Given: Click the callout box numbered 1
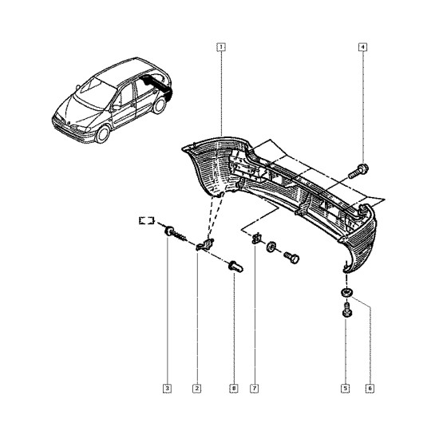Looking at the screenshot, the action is point(221,47).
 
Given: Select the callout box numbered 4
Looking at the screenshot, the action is point(362,47).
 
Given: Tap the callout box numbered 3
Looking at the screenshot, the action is point(167,389).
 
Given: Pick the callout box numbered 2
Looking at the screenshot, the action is point(197,389).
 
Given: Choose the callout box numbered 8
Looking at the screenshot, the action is point(234,389).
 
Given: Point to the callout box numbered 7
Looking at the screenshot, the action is point(254,389).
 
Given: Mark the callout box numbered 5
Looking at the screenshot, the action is point(345,389).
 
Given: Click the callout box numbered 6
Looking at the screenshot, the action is point(370,389).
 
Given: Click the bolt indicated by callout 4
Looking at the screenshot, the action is point(358,171).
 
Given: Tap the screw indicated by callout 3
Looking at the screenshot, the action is point(175,234).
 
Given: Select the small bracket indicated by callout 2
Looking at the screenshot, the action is point(205,244).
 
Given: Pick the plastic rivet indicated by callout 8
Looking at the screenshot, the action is point(235,267).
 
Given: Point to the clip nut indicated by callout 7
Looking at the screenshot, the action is point(256,239).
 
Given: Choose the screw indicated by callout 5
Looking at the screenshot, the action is point(347,310).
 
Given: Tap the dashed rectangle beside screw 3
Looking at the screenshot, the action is point(147,220).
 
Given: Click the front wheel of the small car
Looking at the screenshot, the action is point(102,134).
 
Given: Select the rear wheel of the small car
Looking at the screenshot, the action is point(160,105).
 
